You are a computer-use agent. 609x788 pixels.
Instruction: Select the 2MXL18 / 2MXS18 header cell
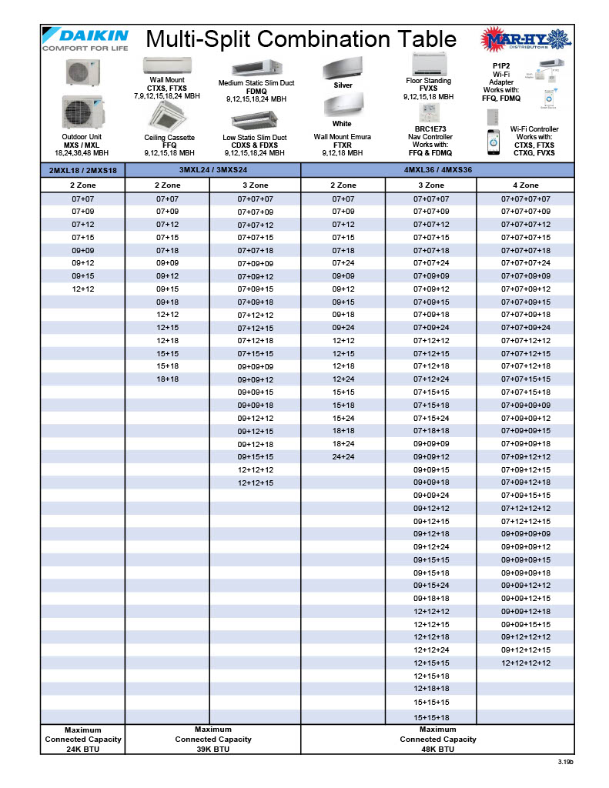[x=82, y=170]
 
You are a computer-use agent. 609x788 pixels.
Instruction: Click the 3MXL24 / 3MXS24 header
[x=212, y=169]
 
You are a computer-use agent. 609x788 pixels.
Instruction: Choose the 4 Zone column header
[x=526, y=185]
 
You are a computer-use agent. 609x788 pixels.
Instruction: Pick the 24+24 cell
[x=343, y=457]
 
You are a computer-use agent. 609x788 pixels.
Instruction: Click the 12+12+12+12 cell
[x=526, y=663]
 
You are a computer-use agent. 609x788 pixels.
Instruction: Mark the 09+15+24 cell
[x=431, y=586]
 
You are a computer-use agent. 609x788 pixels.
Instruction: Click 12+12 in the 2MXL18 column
[x=82, y=289]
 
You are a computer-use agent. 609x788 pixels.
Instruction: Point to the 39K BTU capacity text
[x=212, y=749]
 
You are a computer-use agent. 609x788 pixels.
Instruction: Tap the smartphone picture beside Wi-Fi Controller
[x=494, y=141]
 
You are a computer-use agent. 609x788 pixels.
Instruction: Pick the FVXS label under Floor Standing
[x=429, y=88]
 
